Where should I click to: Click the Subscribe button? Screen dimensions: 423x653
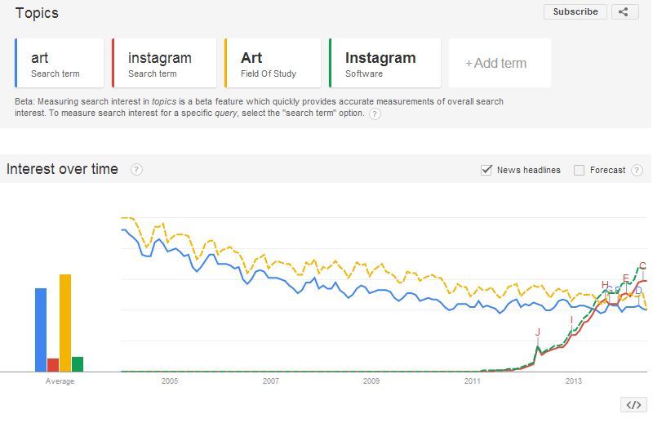[575, 11]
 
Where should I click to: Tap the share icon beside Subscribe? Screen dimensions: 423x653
[624, 11]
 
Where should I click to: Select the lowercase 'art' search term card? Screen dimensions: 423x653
[60, 63]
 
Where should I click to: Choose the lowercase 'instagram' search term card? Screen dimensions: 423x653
[163, 63]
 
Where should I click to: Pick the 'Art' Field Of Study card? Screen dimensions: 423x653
[272, 63]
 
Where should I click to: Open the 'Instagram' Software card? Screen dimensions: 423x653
[384, 63]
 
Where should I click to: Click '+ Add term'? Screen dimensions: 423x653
[499, 63]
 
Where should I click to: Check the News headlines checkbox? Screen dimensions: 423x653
[487, 170]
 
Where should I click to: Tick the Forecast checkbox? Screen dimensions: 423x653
[580, 170]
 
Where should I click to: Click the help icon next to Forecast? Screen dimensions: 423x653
[637, 170]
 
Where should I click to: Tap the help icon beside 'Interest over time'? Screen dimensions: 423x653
[136, 170]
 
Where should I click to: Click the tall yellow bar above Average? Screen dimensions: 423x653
[65, 323]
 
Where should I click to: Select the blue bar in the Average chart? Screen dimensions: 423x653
[41, 329]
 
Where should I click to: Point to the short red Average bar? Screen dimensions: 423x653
[53, 365]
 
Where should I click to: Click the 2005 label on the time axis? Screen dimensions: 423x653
[170, 381]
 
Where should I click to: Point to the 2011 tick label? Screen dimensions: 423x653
[473, 381]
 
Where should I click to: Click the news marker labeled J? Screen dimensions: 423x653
[538, 332]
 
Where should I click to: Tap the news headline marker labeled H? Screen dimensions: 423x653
[605, 285]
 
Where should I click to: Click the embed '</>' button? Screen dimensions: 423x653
[633, 405]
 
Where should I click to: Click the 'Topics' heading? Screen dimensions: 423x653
[37, 13]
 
